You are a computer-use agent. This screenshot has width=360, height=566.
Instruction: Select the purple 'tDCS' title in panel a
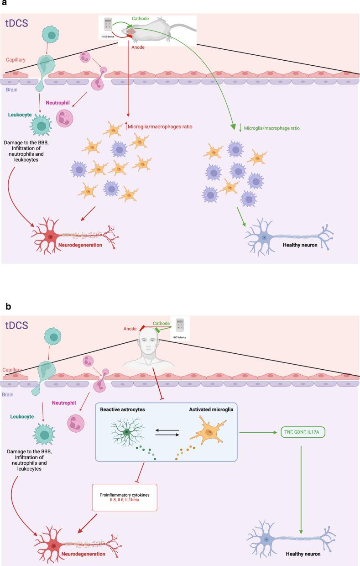point(16,24)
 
